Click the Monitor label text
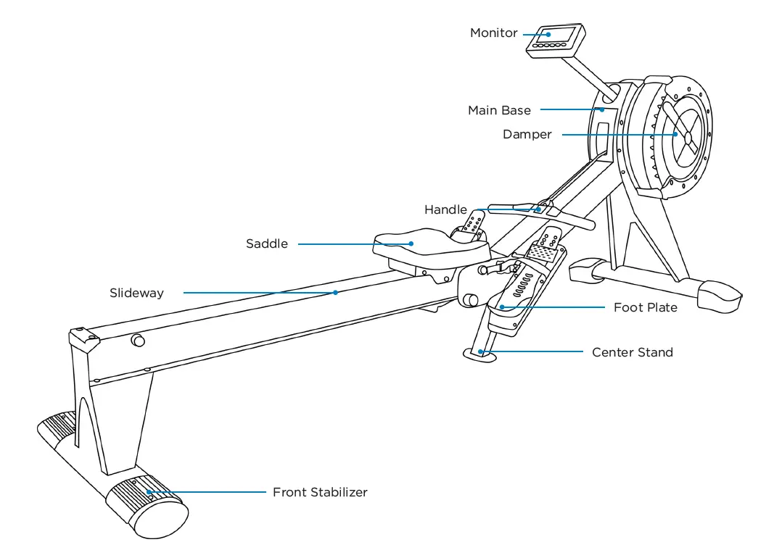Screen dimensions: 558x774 tap(493, 33)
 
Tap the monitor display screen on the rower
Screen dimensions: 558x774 tap(560, 35)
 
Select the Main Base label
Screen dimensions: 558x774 tap(499, 111)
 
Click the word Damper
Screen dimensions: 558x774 tap(527, 135)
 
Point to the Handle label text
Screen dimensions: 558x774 tap(445, 210)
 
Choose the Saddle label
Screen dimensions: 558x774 tap(266, 244)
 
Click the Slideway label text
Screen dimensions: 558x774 tap(136, 293)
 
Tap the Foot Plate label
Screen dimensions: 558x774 tap(645, 308)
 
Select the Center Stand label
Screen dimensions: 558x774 tap(632, 353)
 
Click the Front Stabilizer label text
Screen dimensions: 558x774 tap(320, 493)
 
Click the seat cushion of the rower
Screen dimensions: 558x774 tap(428, 243)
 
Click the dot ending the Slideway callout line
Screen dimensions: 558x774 tap(335, 293)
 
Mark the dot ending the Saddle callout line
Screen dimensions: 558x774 tap(411, 244)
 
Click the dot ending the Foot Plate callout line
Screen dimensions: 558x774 tap(501, 308)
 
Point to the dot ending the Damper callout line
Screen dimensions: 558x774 tap(675, 135)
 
